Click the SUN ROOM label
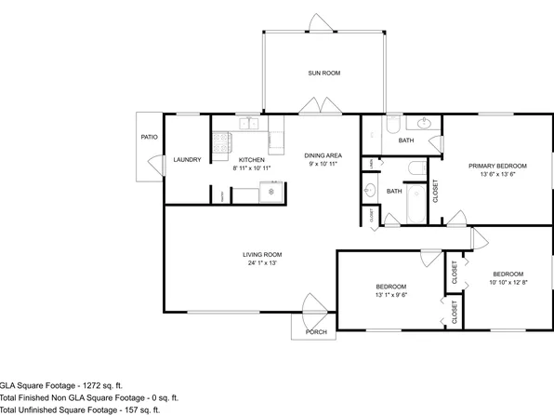(x=323, y=73)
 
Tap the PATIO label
(x=149, y=138)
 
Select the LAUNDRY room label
(x=187, y=159)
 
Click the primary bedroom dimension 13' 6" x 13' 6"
(x=492, y=174)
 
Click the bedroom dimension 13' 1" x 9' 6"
(x=391, y=296)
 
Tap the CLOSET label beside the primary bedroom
(x=435, y=191)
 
